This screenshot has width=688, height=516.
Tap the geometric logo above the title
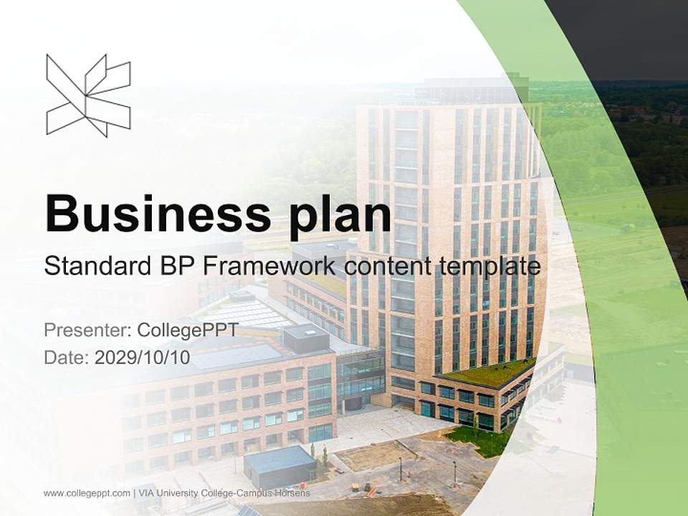(x=88, y=95)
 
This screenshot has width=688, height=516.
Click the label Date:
(x=67, y=357)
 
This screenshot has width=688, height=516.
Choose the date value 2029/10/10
(x=143, y=357)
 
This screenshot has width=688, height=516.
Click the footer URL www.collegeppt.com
(x=87, y=493)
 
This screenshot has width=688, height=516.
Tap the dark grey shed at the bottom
(x=280, y=467)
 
